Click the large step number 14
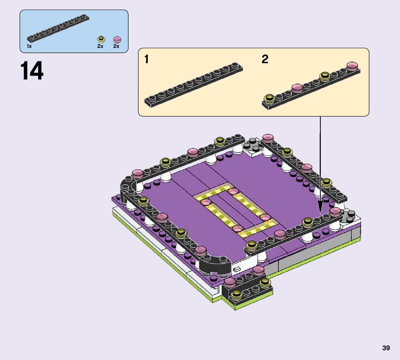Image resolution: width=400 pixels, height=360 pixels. (x=32, y=70)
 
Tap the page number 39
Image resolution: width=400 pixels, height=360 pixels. (x=386, y=348)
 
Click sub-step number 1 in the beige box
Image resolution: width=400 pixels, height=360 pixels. (x=146, y=59)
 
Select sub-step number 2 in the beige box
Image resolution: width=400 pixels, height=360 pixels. (x=265, y=59)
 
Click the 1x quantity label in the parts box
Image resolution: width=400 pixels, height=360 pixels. (x=29, y=46)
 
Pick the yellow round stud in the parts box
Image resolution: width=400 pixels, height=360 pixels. (x=101, y=39)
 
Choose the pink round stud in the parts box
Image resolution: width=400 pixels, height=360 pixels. (x=117, y=40)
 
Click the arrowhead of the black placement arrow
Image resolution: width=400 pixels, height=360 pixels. (x=320, y=206)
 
